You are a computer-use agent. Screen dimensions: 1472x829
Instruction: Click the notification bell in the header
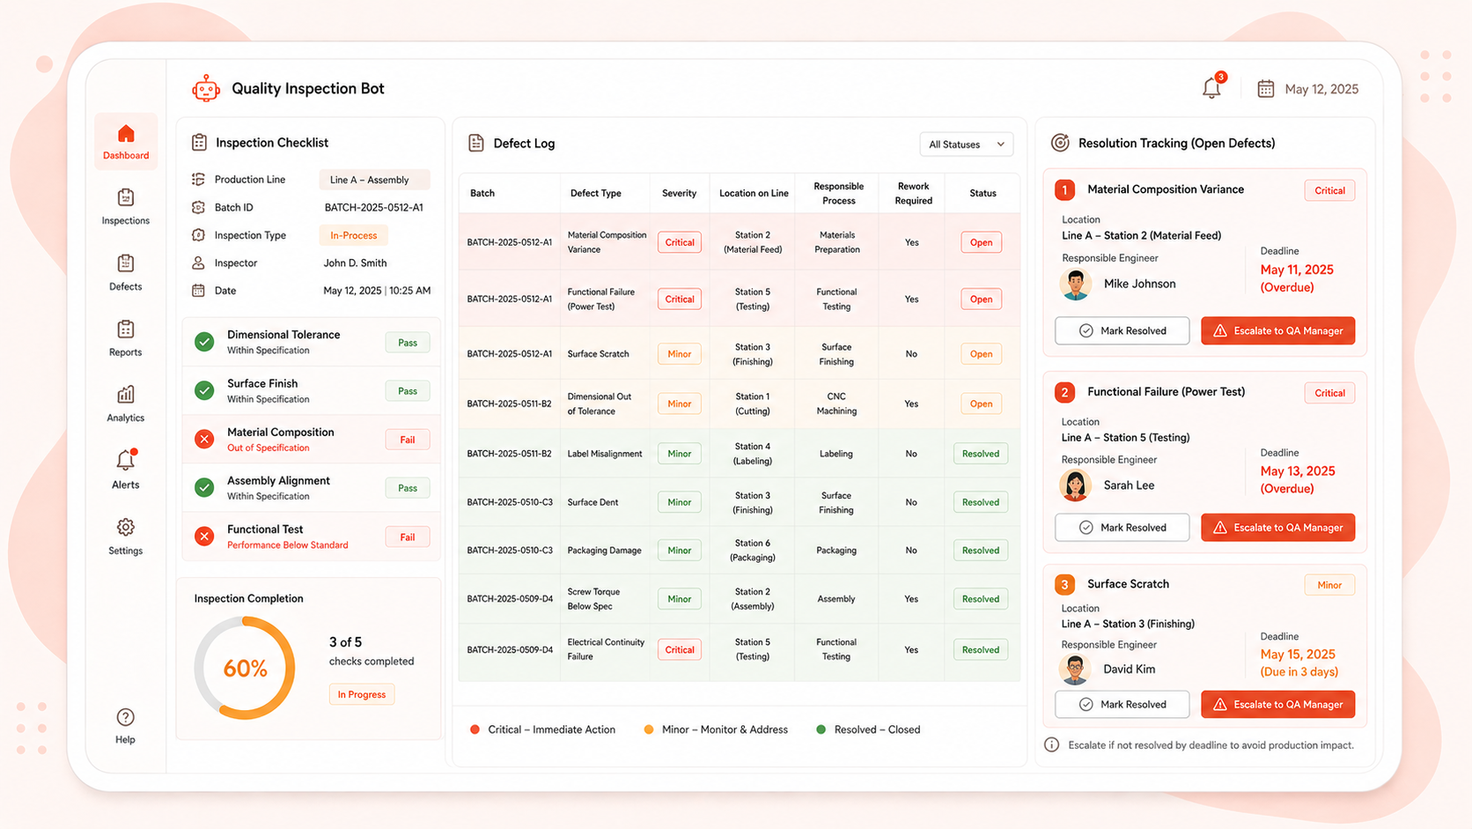(x=1211, y=87)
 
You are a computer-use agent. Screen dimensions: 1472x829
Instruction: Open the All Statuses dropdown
(x=966, y=144)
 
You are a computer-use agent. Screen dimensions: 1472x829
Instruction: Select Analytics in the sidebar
(x=126, y=403)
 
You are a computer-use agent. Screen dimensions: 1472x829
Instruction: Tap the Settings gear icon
(x=126, y=527)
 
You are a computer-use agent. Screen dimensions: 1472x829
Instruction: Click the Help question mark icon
(x=126, y=717)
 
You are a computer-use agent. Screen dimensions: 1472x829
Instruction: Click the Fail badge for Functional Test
(x=408, y=537)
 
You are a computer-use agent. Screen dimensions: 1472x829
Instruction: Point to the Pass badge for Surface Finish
(x=408, y=391)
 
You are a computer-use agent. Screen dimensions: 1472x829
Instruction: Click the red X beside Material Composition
(x=204, y=439)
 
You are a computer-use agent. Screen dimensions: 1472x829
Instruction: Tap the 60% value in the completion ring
(x=245, y=669)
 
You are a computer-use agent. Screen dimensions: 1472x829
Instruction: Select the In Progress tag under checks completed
(x=362, y=694)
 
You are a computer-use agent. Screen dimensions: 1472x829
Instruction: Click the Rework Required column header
(x=914, y=193)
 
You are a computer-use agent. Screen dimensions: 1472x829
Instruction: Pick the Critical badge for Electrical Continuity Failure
(x=680, y=649)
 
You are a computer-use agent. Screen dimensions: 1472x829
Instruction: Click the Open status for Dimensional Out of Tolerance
(x=981, y=403)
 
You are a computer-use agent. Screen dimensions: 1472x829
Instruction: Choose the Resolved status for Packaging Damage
(x=981, y=551)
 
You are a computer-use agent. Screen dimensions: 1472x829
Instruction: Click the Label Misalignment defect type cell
(x=605, y=454)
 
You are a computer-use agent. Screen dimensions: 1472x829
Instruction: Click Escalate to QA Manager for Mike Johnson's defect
(x=1278, y=330)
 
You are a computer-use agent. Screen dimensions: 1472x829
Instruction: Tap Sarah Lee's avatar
(x=1076, y=485)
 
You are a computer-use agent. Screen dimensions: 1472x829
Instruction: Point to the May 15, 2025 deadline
(x=1298, y=655)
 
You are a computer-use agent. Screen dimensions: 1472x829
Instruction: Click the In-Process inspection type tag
(x=354, y=235)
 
